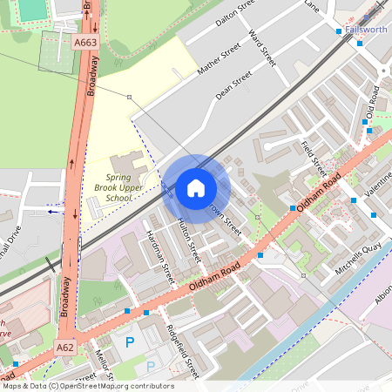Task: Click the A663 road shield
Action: click(85, 41)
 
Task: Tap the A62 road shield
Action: click(65, 348)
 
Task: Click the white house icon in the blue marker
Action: click(196, 188)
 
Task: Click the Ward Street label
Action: click(261, 49)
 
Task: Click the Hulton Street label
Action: click(190, 241)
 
